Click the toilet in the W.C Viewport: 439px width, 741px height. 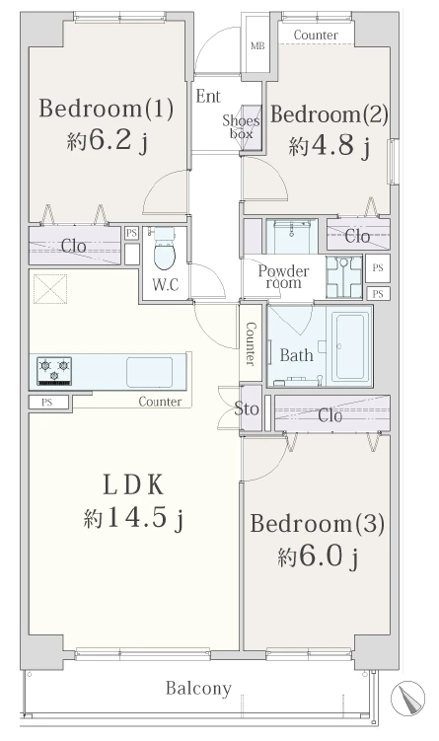click(x=164, y=251)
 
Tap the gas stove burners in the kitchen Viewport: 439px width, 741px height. click(x=54, y=371)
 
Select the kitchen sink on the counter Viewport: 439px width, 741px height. click(x=149, y=372)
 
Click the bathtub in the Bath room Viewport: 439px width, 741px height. click(x=349, y=346)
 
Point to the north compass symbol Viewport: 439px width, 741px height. click(x=407, y=698)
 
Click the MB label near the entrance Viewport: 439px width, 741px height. click(x=257, y=45)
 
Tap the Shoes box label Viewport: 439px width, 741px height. click(x=241, y=127)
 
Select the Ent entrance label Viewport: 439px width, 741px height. click(x=208, y=97)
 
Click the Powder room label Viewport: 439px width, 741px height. click(x=283, y=277)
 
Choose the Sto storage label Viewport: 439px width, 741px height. click(x=247, y=408)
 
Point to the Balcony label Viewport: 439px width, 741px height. click(x=198, y=689)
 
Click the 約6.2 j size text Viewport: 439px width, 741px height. click(x=108, y=140)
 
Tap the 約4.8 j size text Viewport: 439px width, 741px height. click(x=329, y=146)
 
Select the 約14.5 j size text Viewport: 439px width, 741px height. click(x=134, y=518)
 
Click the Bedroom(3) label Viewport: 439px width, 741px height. click(x=317, y=524)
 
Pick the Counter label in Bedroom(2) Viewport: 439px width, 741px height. click(x=316, y=35)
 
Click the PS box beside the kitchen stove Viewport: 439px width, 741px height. click(x=46, y=403)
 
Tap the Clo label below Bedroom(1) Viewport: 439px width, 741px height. click(x=74, y=246)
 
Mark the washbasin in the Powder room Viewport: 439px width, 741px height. click(x=343, y=277)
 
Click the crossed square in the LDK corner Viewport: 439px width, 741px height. click(x=50, y=289)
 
